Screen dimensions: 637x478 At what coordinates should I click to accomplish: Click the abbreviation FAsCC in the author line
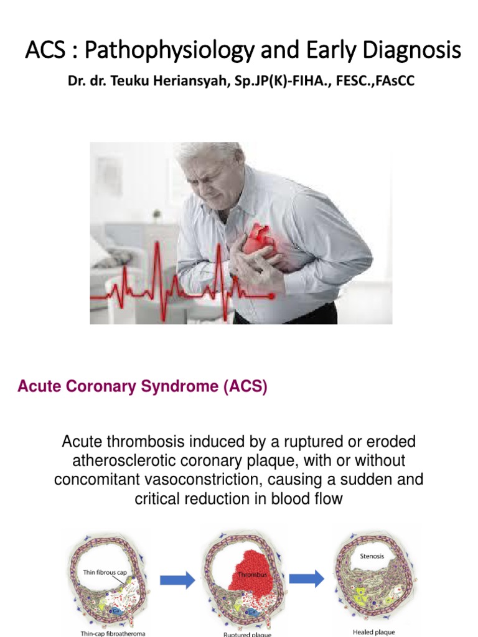click(394, 81)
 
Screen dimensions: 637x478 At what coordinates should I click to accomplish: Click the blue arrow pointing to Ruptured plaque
click(177, 580)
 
